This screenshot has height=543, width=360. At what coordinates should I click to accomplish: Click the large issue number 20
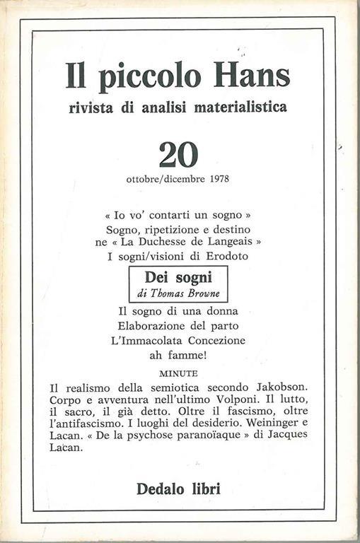point(178,154)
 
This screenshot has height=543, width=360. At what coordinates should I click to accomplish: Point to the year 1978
point(219,178)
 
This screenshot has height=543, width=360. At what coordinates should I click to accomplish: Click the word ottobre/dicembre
point(167,178)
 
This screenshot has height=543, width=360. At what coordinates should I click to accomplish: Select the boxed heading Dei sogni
point(178,278)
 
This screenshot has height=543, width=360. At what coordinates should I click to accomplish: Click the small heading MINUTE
point(179,373)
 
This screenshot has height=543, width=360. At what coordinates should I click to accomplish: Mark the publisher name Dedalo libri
point(178,487)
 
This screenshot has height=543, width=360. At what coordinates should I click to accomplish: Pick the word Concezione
point(211,340)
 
